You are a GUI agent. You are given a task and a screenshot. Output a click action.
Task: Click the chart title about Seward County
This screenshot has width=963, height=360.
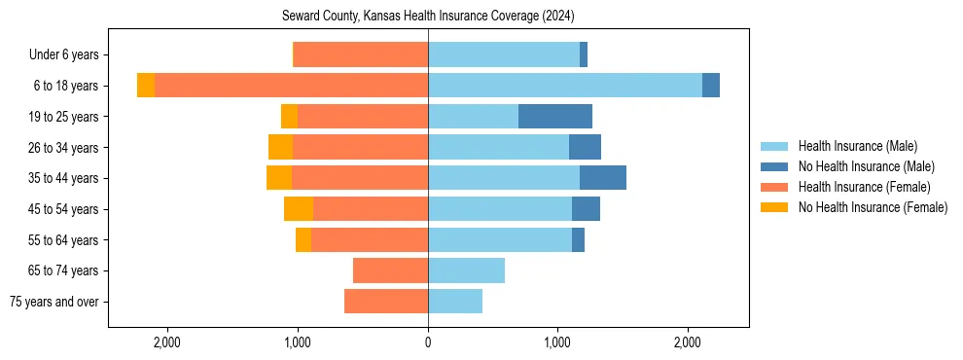(x=428, y=17)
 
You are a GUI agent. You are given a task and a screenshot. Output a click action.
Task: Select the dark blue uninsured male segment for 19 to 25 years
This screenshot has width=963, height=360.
(x=554, y=117)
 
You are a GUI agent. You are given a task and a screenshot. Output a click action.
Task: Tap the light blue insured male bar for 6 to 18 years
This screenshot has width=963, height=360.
(x=564, y=86)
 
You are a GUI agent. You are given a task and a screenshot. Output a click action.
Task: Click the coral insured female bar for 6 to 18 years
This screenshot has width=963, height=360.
(x=292, y=86)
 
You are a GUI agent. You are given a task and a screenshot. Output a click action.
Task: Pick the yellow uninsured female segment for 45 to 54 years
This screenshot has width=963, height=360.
(x=299, y=209)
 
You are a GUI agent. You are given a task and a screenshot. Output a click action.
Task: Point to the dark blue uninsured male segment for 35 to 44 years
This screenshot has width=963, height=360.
(x=602, y=178)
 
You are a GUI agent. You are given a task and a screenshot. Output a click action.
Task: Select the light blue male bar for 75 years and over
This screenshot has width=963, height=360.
(x=455, y=302)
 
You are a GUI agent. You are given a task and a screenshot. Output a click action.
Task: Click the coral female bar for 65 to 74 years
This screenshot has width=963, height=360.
(x=390, y=270)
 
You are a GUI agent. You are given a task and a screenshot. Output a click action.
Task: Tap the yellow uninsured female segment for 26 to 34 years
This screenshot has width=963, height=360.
(x=280, y=147)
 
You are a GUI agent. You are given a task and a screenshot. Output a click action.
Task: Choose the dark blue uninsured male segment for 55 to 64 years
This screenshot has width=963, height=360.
(x=578, y=239)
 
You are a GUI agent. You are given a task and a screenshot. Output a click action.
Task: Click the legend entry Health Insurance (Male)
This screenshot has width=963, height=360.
(x=857, y=146)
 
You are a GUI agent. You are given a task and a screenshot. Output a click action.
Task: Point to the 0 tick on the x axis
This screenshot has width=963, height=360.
(x=428, y=342)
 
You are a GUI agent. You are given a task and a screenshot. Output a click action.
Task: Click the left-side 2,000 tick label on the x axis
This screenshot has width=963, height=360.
(x=167, y=342)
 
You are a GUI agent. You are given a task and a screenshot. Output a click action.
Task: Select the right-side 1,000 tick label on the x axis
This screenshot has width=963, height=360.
(x=557, y=342)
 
